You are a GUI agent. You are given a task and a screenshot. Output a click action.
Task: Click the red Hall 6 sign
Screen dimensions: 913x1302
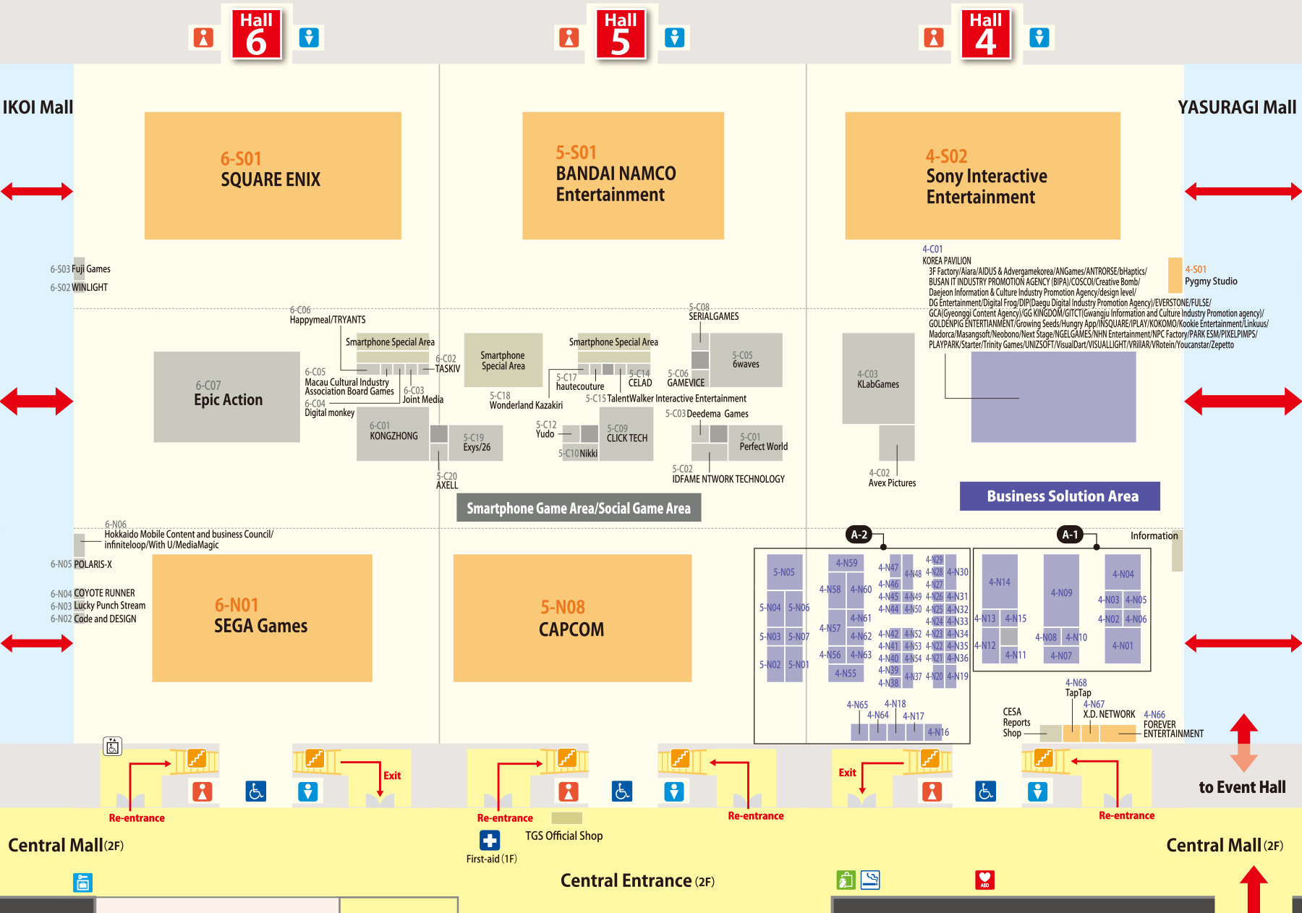click(256, 33)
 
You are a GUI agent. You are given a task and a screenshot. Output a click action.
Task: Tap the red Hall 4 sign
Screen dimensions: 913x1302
click(985, 33)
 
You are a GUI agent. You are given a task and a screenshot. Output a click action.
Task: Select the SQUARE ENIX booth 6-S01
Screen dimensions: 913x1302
click(273, 175)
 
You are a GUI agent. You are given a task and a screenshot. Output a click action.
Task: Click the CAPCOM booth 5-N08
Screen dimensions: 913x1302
click(572, 618)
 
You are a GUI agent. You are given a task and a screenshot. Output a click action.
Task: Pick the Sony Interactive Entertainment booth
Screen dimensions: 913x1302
click(982, 176)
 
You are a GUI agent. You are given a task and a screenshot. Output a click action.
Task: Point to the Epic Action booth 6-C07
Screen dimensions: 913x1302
click(227, 396)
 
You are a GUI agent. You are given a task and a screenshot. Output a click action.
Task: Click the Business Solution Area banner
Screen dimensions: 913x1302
click(1060, 496)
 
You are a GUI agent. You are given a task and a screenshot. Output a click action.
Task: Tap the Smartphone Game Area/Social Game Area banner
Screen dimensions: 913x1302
click(579, 508)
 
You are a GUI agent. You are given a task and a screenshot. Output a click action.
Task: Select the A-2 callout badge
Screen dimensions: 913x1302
click(859, 535)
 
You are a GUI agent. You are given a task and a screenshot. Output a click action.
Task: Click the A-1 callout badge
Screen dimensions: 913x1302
click(1070, 535)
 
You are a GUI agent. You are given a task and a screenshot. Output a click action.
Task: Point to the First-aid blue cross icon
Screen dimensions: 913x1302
click(490, 840)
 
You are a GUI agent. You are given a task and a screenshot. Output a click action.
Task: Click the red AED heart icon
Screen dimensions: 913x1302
click(984, 880)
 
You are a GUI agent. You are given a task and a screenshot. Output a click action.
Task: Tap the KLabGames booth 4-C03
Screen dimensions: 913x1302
click(878, 379)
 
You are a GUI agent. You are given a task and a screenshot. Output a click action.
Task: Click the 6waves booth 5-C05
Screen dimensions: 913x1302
click(746, 360)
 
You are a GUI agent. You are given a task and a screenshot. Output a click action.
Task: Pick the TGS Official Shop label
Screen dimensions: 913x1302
click(563, 836)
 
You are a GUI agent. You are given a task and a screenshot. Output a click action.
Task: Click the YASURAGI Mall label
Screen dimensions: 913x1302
click(1237, 107)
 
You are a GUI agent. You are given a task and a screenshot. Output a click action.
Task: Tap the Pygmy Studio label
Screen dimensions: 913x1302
click(1211, 281)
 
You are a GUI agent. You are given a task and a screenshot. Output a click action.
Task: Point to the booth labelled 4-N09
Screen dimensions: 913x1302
click(1061, 592)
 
